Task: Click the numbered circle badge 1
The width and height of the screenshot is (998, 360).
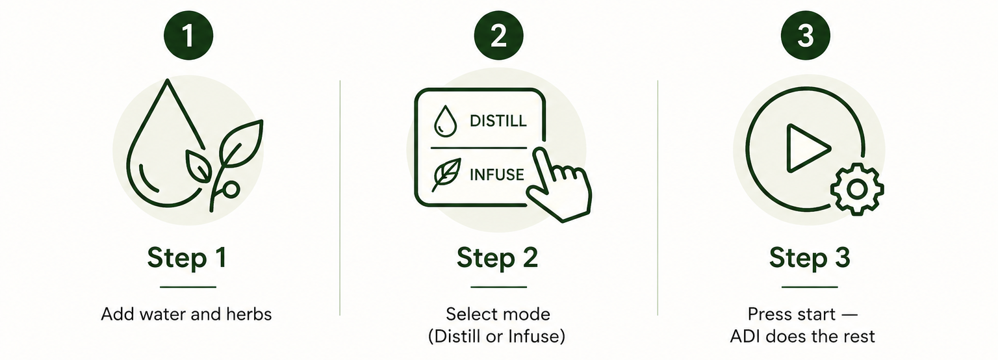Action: pyautogui.click(x=188, y=35)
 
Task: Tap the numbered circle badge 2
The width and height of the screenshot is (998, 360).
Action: pyautogui.click(x=498, y=35)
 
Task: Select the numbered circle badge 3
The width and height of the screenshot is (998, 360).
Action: pyautogui.click(x=806, y=35)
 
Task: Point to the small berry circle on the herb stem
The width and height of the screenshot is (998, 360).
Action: pyautogui.click(x=231, y=190)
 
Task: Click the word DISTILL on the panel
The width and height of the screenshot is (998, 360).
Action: pyautogui.click(x=498, y=121)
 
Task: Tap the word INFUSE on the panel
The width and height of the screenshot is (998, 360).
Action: pyautogui.click(x=497, y=175)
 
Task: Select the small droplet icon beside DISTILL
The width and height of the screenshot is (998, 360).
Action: pyautogui.click(x=446, y=120)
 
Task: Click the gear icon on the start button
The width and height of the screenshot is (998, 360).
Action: pyautogui.click(x=857, y=189)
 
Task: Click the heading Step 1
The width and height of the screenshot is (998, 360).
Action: pyautogui.click(x=187, y=258)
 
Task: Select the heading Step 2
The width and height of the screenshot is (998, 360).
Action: pyautogui.click(x=498, y=258)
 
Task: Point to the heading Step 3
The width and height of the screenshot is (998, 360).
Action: pyautogui.click(x=810, y=258)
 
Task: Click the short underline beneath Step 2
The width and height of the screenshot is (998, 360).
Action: pyautogui.click(x=498, y=287)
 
